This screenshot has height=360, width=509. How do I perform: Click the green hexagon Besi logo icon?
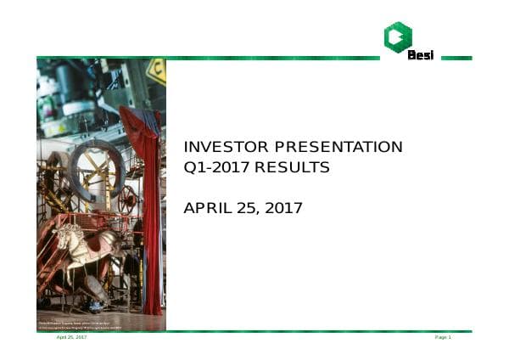397,36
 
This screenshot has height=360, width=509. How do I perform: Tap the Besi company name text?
421,56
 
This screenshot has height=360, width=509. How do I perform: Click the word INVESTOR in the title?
220,147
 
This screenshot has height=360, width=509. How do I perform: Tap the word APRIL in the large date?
209,208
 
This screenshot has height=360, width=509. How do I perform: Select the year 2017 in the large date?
284,208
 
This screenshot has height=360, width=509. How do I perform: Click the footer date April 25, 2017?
71,338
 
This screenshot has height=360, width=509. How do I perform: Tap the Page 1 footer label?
443,338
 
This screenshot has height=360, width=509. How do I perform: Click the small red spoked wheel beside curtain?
127,201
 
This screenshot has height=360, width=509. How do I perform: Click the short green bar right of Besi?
456,58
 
